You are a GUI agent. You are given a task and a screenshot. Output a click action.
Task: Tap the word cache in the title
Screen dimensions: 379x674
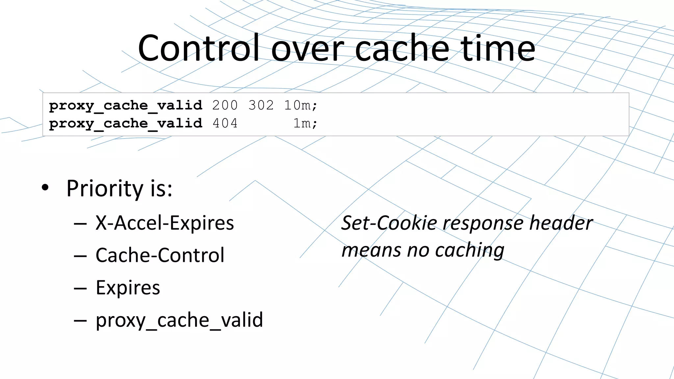pos(402,49)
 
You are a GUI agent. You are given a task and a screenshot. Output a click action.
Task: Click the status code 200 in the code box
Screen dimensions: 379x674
pos(225,105)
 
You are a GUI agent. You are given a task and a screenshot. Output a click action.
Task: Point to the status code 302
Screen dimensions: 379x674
pos(261,105)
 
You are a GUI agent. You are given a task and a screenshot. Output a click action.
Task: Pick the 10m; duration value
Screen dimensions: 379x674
pos(300,105)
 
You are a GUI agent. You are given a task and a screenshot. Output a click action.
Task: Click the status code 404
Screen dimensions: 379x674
pos(225,123)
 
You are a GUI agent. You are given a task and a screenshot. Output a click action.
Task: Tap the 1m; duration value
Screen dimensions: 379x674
pos(305,123)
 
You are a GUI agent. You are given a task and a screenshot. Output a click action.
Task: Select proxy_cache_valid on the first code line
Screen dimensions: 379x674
pos(125,106)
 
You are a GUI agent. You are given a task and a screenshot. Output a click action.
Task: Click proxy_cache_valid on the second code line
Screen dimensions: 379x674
pos(125,124)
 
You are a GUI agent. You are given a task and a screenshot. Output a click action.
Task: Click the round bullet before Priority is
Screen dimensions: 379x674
pos(45,188)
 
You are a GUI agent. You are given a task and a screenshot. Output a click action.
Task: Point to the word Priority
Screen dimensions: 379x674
pos(105,189)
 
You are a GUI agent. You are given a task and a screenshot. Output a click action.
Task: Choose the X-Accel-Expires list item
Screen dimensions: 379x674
pos(165,223)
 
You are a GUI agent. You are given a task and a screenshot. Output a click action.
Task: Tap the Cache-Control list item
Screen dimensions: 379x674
pos(160,255)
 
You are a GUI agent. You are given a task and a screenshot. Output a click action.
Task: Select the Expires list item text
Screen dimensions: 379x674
pos(128,288)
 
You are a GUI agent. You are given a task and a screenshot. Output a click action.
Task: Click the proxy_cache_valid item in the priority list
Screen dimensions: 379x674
pos(179,320)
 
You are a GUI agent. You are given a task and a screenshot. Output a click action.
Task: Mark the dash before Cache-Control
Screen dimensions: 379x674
pos(80,256)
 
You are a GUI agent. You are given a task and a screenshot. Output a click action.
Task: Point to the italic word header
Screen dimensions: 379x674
pos(561,223)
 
